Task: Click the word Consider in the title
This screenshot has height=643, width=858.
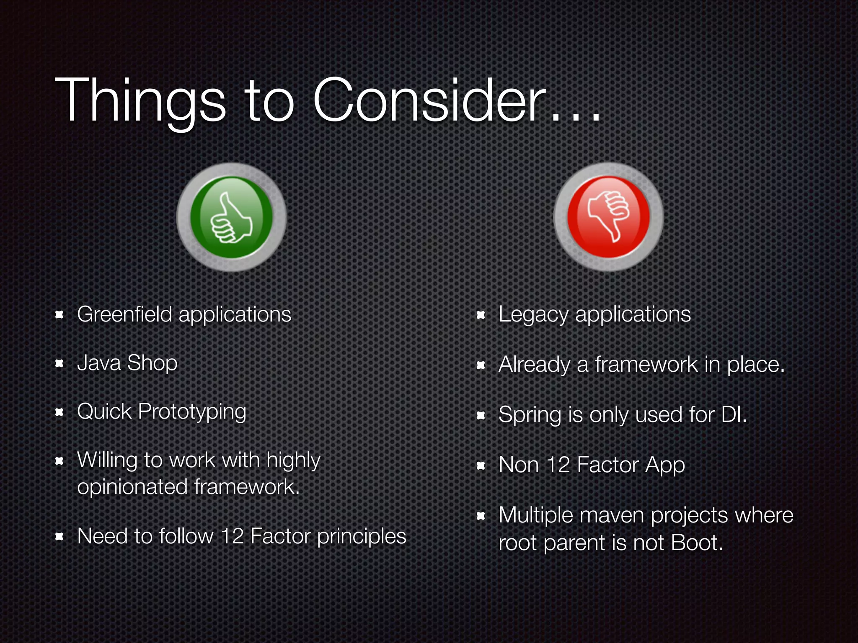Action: click(x=429, y=100)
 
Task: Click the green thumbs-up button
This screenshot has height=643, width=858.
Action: click(x=231, y=217)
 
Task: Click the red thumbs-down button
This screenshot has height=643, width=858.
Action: click(x=608, y=217)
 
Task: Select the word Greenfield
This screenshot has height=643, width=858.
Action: click(x=124, y=314)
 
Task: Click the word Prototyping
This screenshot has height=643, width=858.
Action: click(x=192, y=412)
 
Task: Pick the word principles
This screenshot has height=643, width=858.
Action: click(x=362, y=537)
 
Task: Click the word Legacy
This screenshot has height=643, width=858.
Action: click(x=533, y=315)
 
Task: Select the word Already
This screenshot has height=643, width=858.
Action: click(x=534, y=365)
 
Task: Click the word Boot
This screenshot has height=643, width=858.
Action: click(x=696, y=543)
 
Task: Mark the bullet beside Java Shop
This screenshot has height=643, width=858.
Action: click(x=59, y=363)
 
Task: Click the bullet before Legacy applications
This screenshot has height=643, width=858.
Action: click(x=481, y=315)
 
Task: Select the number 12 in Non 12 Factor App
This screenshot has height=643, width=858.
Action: click(x=558, y=465)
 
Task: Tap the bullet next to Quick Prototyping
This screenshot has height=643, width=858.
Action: click(x=59, y=412)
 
